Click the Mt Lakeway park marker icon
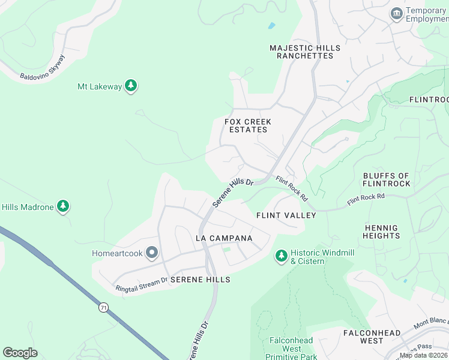(131, 86)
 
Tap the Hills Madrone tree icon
(63, 207)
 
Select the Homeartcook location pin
(152, 254)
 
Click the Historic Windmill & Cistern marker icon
(281, 257)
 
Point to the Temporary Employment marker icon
(396, 14)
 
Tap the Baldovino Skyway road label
(42, 67)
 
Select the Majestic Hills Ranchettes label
(305, 52)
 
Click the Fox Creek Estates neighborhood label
(248, 125)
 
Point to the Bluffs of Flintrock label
(387, 179)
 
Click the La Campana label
(224, 238)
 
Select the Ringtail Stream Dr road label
(142, 283)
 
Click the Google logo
(20, 353)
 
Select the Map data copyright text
(423, 355)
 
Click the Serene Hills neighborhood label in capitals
(200, 280)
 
